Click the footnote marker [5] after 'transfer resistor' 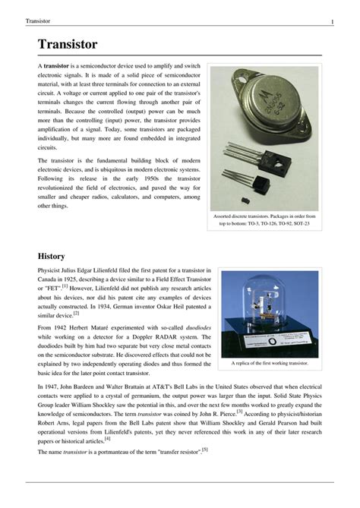point(204,450)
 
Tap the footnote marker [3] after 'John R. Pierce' point(239,411)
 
